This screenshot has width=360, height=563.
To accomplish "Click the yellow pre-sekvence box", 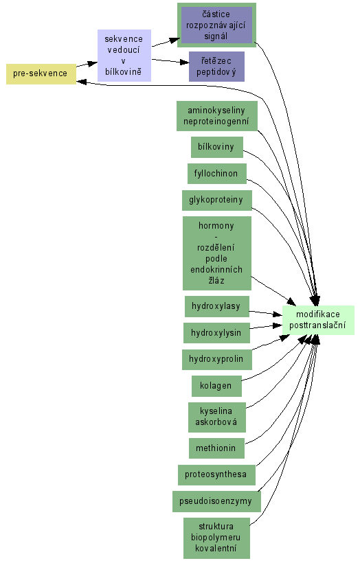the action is pyautogui.click(x=41, y=74).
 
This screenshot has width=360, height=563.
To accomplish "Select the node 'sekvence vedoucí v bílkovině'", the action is pyautogui.click(x=124, y=56).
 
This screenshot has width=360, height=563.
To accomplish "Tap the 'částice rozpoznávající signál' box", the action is pyautogui.click(x=216, y=25).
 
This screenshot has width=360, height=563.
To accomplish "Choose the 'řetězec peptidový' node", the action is pyautogui.click(x=216, y=67).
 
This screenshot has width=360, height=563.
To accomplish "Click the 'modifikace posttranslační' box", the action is pyautogui.click(x=318, y=320).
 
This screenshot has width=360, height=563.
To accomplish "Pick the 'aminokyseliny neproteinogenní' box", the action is pyautogui.click(x=216, y=115).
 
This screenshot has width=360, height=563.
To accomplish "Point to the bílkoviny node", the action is pyautogui.click(x=216, y=147).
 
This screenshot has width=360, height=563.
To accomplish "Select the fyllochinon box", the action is pyautogui.click(x=216, y=174).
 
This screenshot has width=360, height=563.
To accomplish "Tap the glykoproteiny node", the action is pyautogui.click(x=216, y=200).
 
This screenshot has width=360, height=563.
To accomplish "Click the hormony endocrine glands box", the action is pyautogui.click(x=216, y=253).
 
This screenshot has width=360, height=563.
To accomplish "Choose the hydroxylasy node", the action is pyautogui.click(x=216, y=306).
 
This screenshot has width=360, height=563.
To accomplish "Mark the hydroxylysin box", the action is pyautogui.click(x=216, y=333).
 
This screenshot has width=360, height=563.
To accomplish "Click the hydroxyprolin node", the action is pyautogui.click(x=216, y=359).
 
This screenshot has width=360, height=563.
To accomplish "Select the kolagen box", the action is pyautogui.click(x=216, y=386).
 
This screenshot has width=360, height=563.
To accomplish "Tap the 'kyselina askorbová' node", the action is pyautogui.click(x=216, y=417).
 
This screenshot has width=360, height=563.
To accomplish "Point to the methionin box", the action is pyautogui.click(x=216, y=448).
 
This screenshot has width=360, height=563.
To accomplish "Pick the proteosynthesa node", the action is pyautogui.click(x=216, y=474).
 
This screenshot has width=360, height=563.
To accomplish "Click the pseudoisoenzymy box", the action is pyautogui.click(x=216, y=501).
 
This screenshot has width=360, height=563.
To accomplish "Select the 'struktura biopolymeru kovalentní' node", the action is pyautogui.click(x=216, y=538).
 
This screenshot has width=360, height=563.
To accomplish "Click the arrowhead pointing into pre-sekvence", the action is pyautogui.click(x=81, y=82).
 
